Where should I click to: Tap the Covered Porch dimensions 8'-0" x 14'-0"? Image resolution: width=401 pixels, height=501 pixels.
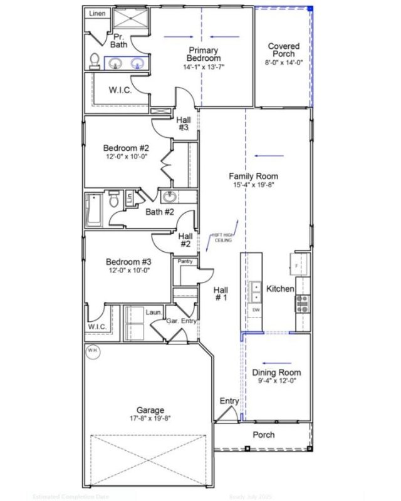[x=284, y=63]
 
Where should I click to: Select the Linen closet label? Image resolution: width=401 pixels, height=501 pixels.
[x=96, y=13]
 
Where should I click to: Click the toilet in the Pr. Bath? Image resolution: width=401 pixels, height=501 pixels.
[x=95, y=60]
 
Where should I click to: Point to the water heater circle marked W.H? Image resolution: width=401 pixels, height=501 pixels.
[x=93, y=350]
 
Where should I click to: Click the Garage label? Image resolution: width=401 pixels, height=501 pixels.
[x=150, y=410]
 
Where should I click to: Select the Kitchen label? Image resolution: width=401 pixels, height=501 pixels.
[x=280, y=289]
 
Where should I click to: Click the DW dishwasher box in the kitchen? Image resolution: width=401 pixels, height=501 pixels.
[x=256, y=310]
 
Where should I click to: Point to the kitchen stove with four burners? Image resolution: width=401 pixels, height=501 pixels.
[x=303, y=303]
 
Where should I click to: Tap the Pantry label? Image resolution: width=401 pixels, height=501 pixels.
[x=184, y=261]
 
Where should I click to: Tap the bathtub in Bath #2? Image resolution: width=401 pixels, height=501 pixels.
[x=92, y=210]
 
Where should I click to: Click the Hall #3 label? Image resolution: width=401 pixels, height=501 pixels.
[x=183, y=123]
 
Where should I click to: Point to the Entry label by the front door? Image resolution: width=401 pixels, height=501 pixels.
[x=229, y=401]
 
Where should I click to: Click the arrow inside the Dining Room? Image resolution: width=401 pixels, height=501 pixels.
[x=273, y=362]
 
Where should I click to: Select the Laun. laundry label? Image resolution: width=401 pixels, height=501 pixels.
[x=154, y=311]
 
